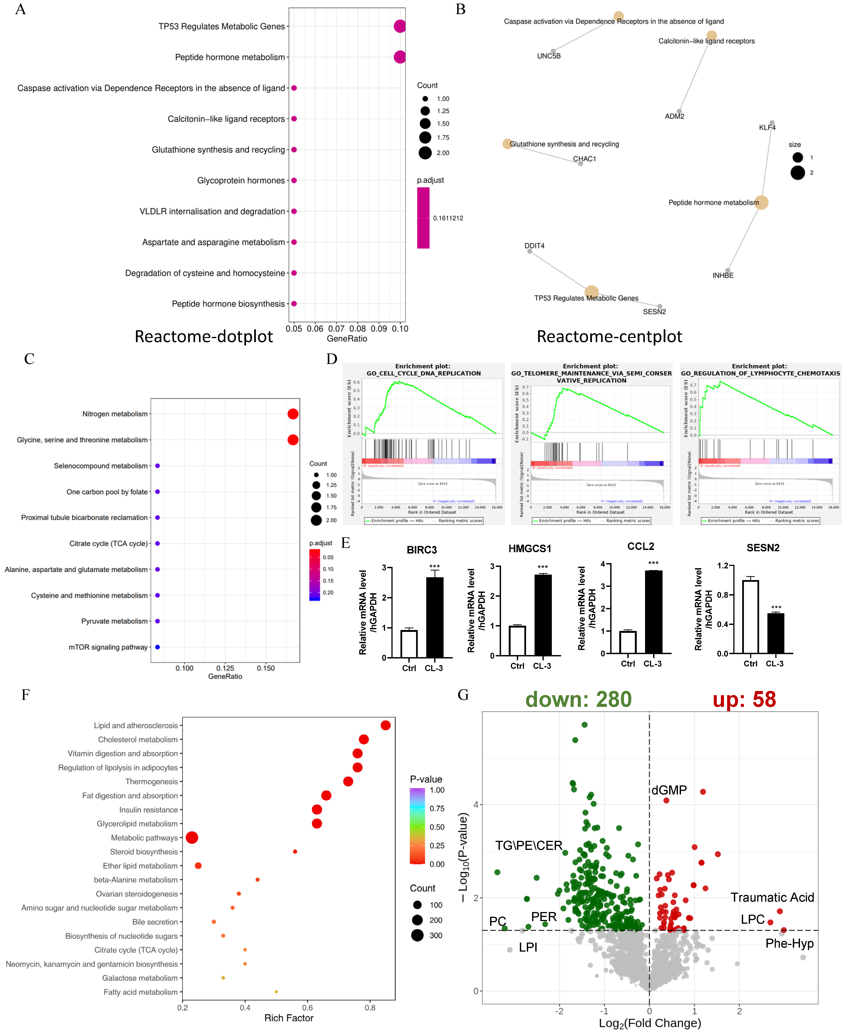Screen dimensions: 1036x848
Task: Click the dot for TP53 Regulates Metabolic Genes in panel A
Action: (400, 26)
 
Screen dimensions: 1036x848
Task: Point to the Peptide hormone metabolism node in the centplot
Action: (761, 202)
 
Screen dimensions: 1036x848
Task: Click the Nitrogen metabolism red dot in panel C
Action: (293, 414)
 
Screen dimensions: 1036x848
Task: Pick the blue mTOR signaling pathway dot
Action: (157, 647)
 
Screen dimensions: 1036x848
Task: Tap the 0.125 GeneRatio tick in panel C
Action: (225, 668)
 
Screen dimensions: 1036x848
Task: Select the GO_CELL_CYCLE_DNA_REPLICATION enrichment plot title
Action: (423, 370)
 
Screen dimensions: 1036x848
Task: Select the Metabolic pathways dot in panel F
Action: (192, 838)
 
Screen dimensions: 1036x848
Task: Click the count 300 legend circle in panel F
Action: (417, 935)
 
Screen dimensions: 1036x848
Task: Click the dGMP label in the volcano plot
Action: (669, 790)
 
